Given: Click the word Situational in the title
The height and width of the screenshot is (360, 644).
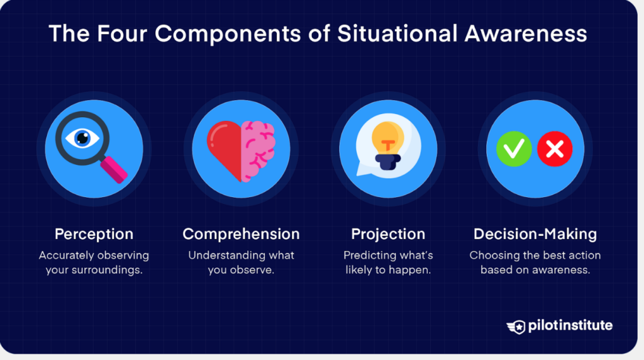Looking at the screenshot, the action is (397, 33).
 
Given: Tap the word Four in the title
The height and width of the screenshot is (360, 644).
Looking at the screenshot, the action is (122, 33).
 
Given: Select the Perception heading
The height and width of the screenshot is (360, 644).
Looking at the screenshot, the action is (94, 234).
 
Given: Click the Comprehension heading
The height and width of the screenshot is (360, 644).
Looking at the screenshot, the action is (241, 234).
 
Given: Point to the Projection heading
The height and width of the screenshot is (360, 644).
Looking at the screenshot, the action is (388, 234).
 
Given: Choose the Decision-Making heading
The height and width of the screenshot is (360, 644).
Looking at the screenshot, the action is (535, 234).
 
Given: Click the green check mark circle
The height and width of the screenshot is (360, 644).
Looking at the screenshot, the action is (514, 149).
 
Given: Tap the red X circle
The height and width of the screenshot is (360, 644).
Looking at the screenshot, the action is (555, 149).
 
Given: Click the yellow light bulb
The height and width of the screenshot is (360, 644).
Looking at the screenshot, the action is (387, 138).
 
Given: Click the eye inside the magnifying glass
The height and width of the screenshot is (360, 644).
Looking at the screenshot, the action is (82, 138).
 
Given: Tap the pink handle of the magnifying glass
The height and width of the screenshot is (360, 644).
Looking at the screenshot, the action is (114, 169).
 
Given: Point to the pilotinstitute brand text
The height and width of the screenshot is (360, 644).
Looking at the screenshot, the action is (570, 325).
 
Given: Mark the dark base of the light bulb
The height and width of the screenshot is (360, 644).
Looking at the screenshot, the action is (387, 162).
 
